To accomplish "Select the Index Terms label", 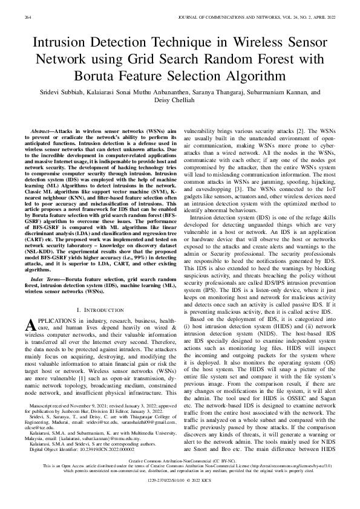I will pos(48,280).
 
